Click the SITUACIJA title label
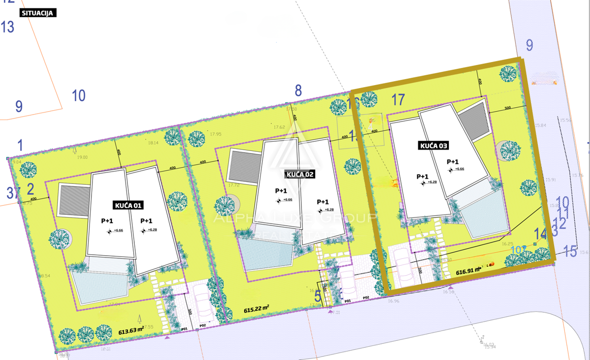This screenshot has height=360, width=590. click(38, 13)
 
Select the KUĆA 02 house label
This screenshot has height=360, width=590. click(299, 174)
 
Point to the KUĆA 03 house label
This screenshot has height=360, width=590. click(434, 146)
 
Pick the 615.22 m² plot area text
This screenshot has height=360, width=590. click(257, 310)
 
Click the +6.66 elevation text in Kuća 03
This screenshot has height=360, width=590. click(459, 169)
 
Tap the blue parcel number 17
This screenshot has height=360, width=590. click(398, 100)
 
